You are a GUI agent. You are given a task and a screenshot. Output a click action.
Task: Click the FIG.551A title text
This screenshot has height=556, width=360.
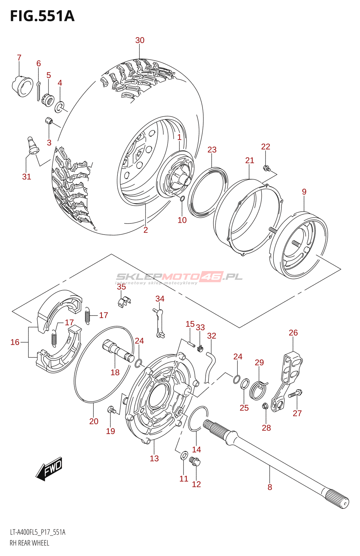42,16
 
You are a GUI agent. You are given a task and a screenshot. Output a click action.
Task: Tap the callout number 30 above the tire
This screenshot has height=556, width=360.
140,40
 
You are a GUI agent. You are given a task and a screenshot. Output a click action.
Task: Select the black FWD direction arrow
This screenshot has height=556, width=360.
49,469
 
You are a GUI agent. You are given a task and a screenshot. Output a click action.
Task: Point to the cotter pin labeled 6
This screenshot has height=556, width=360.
38,91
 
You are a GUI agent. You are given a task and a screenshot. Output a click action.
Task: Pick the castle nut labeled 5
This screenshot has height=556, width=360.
49,99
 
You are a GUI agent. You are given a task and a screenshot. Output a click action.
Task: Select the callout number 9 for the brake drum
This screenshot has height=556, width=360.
304,191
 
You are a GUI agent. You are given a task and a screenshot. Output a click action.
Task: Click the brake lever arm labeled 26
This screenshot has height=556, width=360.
286,383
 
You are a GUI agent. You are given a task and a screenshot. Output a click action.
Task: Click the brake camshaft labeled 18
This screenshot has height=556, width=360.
118,351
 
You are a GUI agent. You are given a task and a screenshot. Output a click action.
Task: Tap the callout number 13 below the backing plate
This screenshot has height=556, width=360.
154,458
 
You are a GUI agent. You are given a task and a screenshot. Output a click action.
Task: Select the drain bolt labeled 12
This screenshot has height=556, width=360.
195,461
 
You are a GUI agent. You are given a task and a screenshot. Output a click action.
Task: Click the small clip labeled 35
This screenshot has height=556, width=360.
124,302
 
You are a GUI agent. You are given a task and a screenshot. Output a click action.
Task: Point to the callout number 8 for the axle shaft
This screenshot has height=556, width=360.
270,487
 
